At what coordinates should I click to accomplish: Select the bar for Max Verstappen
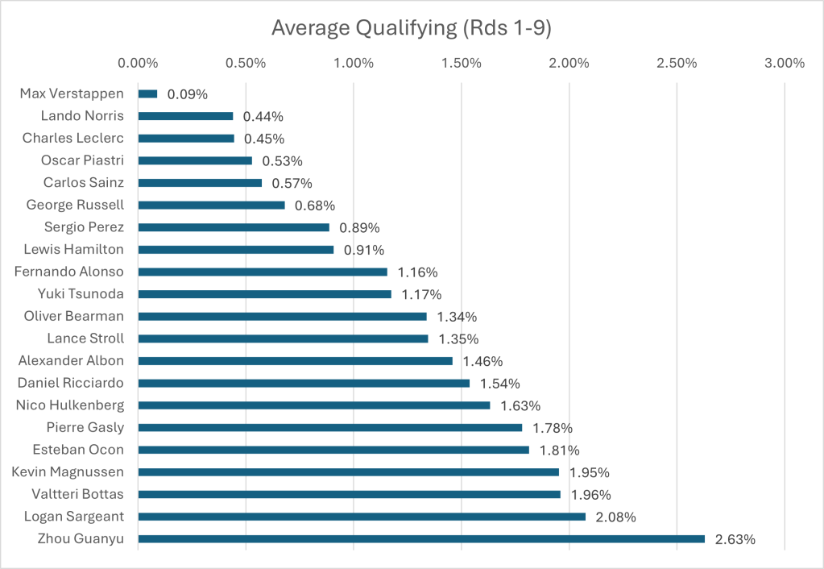[x=148, y=93]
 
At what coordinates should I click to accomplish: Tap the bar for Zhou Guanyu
[x=421, y=538]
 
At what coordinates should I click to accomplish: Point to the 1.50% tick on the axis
[x=462, y=63]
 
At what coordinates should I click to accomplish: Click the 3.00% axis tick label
[x=785, y=63]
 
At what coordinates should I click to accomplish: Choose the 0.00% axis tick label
[x=139, y=63]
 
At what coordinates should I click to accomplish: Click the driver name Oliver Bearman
[x=74, y=316]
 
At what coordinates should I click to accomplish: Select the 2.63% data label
[x=735, y=539]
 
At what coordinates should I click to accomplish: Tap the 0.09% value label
[x=188, y=94]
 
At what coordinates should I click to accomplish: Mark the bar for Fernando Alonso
[x=263, y=272]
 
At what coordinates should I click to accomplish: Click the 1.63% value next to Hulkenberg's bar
[x=520, y=405]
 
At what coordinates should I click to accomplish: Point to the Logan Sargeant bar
[x=362, y=516]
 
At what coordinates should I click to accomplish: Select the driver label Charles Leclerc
[x=73, y=138]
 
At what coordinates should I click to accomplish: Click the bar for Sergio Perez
[x=234, y=227]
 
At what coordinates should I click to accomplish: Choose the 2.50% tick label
[x=677, y=63]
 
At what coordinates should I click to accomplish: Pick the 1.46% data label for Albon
[x=482, y=361]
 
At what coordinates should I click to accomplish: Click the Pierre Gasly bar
[x=330, y=427]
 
